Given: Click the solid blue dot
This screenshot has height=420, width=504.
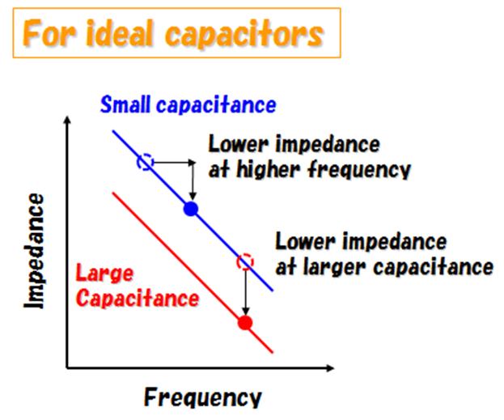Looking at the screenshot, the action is (191, 209).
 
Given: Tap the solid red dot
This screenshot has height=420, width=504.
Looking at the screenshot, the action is (245, 323).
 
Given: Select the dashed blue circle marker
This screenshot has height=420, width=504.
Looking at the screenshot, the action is (146, 162).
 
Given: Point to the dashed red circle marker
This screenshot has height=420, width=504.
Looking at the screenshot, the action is (245, 261).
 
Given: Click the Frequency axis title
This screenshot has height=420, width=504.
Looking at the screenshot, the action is (203, 397).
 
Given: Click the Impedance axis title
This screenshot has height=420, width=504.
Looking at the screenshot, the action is (34, 251).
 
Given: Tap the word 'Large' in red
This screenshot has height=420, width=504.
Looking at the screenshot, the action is (104, 274).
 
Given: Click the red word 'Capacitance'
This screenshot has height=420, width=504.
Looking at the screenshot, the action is (138, 299).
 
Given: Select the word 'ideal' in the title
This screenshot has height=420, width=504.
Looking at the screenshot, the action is (119, 33).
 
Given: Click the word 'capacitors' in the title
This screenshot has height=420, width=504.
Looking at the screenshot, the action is (244, 35).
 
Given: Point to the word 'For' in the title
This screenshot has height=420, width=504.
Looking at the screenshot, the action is (49, 33).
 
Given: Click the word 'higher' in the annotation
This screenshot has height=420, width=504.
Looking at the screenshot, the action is (269, 169).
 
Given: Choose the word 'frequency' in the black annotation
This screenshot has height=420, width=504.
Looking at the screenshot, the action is (359, 169).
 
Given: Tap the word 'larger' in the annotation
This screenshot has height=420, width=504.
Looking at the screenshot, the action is (335, 268).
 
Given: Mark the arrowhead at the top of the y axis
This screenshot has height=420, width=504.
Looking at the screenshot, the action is (67, 119).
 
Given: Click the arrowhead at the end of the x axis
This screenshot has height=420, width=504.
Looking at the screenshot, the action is (330, 368).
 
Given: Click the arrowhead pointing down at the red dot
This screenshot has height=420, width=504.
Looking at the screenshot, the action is (246, 312).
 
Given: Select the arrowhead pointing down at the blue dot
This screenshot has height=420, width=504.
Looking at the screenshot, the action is (193, 196).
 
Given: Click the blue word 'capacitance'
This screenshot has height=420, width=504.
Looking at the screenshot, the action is (216, 105).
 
